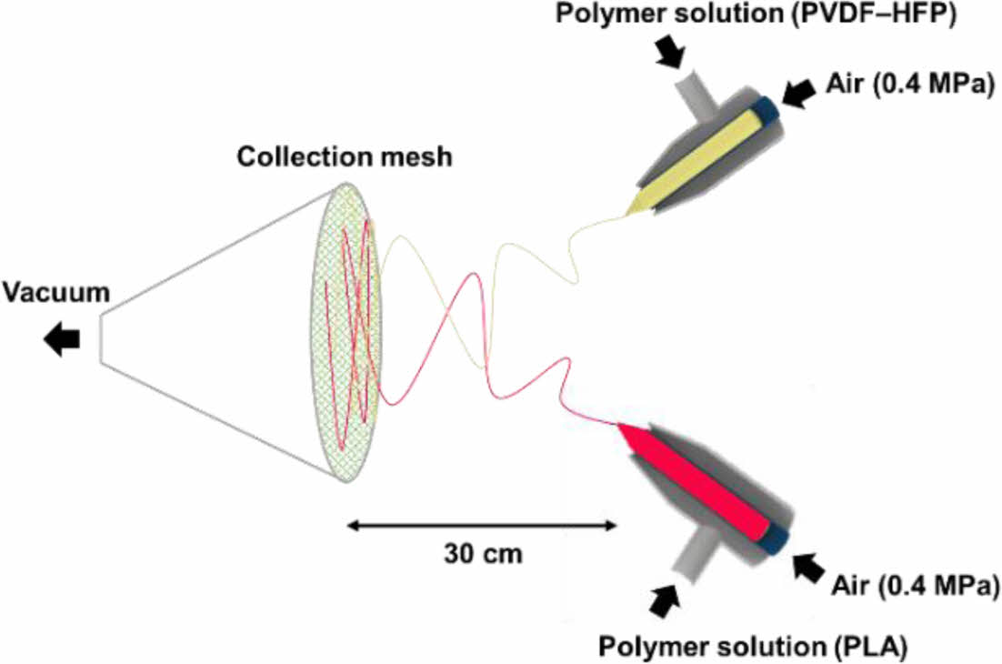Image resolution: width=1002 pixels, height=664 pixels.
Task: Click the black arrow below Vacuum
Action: click(x=62, y=339)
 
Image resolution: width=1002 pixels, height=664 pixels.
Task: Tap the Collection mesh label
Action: click(x=344, y=156)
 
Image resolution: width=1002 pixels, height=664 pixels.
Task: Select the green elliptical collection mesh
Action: click(x=350, y=332)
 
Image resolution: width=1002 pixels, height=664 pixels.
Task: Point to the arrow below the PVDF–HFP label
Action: click(x=672, y=54)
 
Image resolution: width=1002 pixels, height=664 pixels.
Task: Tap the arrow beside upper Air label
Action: click(x=800, y=93)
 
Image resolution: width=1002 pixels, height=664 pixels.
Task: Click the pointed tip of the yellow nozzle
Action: click(x=629, y=214)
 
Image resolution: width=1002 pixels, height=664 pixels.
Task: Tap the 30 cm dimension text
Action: click(x=483, y=552)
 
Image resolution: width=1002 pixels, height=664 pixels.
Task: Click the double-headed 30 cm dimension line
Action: click(x=483, y=524)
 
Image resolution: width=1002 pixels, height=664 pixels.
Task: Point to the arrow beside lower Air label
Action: click(x=809, y=569)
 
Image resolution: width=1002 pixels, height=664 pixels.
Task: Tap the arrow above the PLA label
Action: click(x=665, y=599)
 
